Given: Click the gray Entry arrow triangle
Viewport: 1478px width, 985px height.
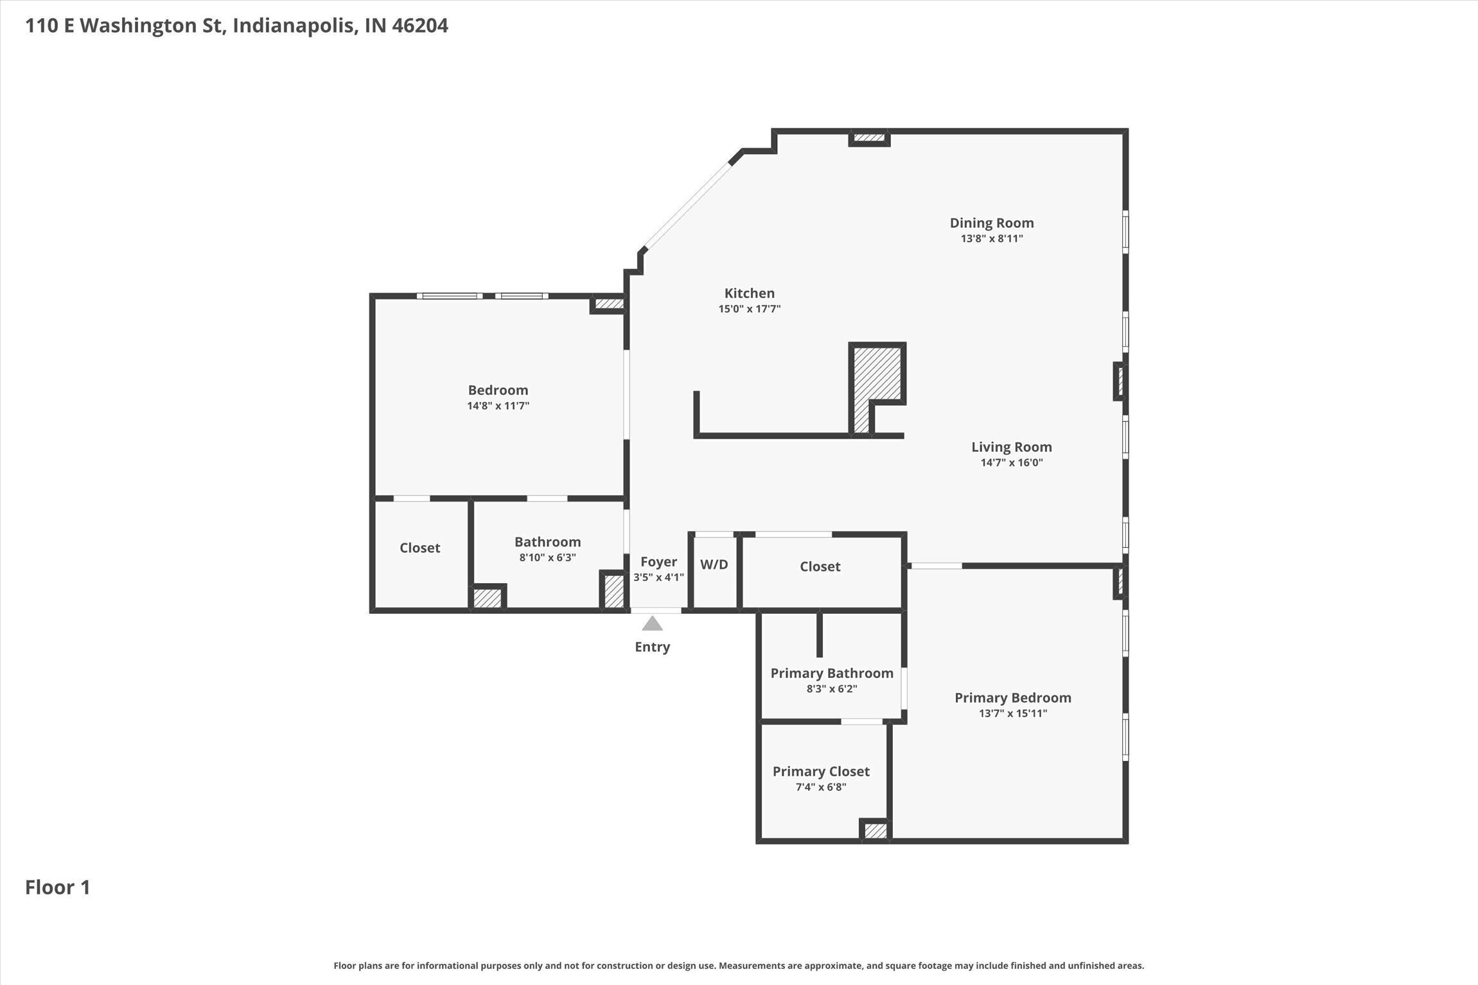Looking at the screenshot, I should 652,623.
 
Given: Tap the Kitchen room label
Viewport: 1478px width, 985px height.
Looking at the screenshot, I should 749,293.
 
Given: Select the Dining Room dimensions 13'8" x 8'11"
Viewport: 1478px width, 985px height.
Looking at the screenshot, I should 991,239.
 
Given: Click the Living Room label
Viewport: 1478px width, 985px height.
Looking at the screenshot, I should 1011,447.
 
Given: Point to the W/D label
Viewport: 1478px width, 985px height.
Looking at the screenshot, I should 714,564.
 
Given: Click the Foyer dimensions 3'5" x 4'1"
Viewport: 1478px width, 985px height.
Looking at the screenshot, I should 658,577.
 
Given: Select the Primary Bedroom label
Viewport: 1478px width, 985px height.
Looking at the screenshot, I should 1012,697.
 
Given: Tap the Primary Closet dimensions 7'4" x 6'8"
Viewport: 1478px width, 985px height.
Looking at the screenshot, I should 820,787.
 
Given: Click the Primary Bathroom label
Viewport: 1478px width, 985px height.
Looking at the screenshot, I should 831,673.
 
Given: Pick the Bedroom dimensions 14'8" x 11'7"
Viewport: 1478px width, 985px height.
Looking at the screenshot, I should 498,406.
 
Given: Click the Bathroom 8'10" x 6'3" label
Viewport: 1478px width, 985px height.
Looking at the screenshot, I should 547,542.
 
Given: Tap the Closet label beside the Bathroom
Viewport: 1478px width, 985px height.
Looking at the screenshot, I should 419,548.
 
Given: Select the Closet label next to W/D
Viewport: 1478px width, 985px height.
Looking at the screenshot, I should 820,566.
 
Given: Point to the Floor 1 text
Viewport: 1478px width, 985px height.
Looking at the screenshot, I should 58,887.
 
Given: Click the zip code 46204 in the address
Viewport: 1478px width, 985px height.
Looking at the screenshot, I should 419,26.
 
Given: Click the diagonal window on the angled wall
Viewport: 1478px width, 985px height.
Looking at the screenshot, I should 687,206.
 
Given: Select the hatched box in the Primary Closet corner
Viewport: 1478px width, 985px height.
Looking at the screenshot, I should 875,831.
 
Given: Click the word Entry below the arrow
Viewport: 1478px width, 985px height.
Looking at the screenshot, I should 652,647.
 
